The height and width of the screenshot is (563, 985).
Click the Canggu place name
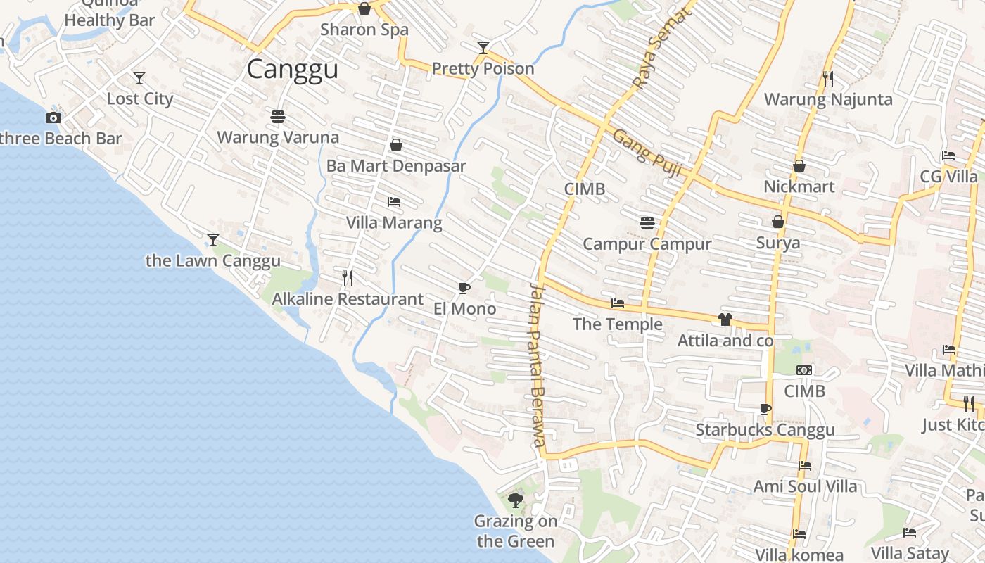[293, 70]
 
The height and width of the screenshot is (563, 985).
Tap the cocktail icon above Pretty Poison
[483, 48]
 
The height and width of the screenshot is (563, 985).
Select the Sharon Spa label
[364, 30]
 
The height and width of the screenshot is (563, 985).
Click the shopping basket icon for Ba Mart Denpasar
[396, 145]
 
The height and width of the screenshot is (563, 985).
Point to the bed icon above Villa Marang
[394, 202]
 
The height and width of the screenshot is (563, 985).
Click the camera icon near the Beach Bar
[53, 118]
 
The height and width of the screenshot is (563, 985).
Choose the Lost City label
[139, 99]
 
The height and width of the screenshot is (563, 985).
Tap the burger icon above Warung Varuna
[278, 116]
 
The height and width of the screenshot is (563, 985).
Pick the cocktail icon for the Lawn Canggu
[212, 240]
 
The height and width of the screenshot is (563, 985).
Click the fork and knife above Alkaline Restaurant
[348, 278]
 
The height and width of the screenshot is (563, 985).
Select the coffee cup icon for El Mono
[464, 287]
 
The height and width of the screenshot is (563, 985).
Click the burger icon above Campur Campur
[647, 223]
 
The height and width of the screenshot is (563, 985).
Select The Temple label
[617, 324]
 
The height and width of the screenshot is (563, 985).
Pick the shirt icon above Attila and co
[725, 320]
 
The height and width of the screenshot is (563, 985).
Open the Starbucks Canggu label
[765, 430]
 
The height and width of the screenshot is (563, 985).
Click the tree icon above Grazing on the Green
[516, 500]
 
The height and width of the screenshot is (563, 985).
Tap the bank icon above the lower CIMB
[804, 370]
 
